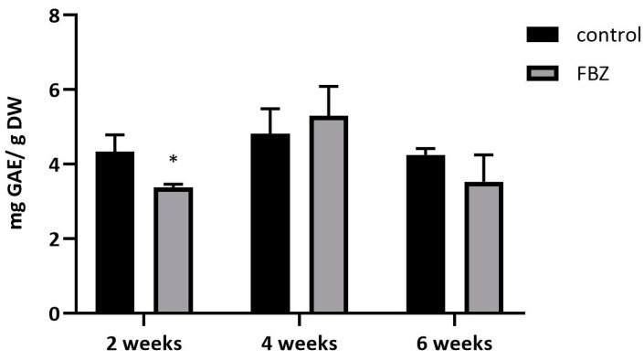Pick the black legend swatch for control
coord(544,35)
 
